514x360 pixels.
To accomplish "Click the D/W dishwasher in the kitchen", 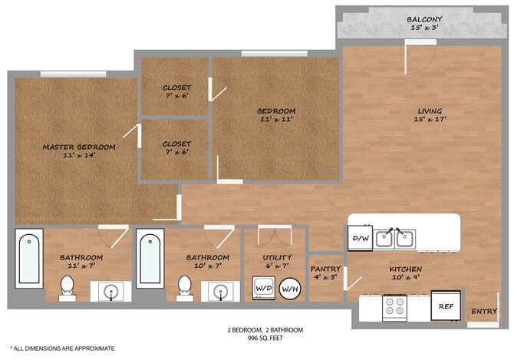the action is pos(360,238).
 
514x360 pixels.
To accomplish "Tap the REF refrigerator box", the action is pos(446,306).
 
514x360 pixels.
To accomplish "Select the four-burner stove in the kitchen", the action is pos(394,309).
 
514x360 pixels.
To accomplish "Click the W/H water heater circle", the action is pos(290,289).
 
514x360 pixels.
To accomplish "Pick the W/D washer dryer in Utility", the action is pos(264,288).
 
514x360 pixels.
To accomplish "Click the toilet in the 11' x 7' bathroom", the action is pos(68,289).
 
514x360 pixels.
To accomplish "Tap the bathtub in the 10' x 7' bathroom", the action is pos(150,259).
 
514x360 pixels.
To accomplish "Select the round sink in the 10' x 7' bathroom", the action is pos(221,291).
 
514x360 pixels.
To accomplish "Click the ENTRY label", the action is pos(484,311).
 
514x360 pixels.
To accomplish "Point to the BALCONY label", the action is pos(424,19).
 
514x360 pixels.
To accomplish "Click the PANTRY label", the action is pos(325,269).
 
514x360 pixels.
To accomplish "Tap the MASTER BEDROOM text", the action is pos(79,147).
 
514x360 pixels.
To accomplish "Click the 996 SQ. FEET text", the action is pos(265,338).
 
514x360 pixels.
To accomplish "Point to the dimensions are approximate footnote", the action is pos(63,348).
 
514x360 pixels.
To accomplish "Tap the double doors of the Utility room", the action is pos(275,236).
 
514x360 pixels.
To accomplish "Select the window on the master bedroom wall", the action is pos(74,74).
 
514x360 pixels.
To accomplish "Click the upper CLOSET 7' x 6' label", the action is pos(176,92).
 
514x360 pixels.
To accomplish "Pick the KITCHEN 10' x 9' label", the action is pos(406,273).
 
